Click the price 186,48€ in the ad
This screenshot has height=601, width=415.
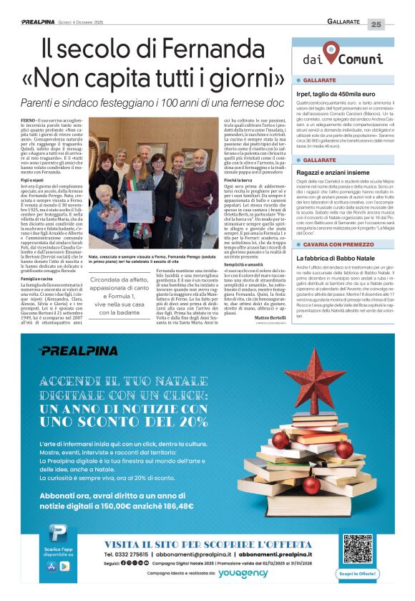pyautogui.click(x=176, y=505)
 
